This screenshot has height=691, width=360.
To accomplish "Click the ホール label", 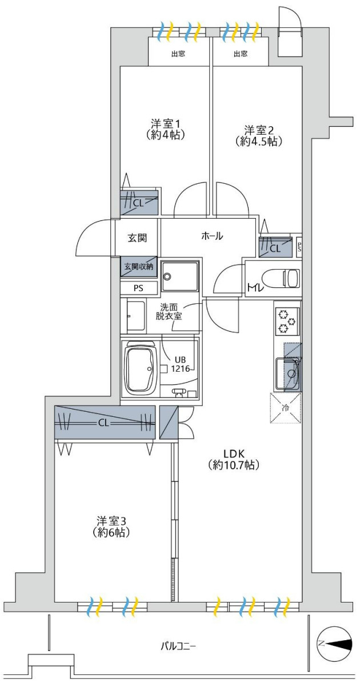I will click(211, 236).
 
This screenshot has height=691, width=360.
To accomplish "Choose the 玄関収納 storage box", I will click(138, 266).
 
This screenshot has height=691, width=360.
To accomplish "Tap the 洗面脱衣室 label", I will click(169, 311).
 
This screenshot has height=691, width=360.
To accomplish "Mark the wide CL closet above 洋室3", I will click(105, 423).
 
